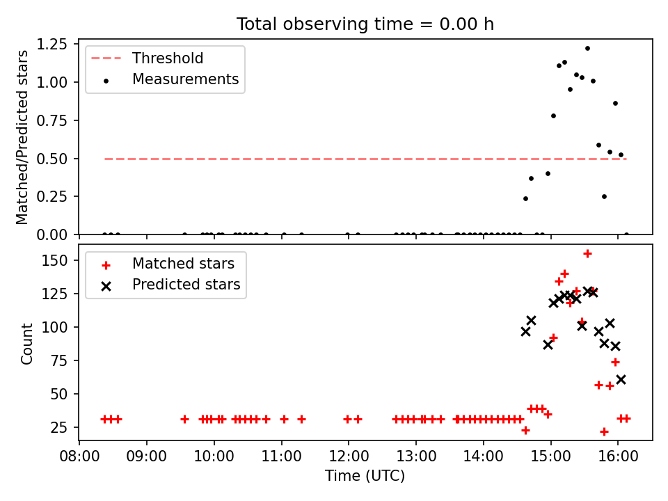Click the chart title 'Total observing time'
(325, 24)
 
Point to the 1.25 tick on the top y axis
(52, 45)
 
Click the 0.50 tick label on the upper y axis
(52, 159)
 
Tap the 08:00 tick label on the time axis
(79, 456)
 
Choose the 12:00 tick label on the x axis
(349, 456)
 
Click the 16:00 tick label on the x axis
(618, 456)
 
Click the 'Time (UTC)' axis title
(365, 475)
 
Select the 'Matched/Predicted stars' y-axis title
(22, 137)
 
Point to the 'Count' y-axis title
(26, 344)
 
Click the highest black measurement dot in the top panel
(587, 49)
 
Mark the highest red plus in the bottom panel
(587, 254)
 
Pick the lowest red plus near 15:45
(604, 432)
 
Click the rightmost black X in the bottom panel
(621, 380)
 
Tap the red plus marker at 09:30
(184, 420)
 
